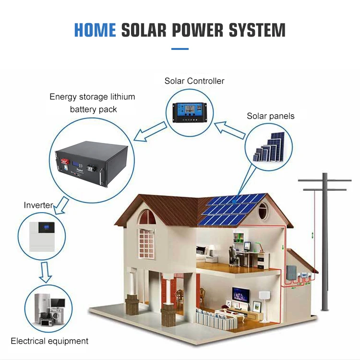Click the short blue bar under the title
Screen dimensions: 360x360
click(x=180, y=48)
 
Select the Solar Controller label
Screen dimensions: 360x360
click(x=194, y=81)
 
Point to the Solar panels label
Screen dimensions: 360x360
click(x=271, y=116)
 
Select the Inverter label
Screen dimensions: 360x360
click(x=38, y=205)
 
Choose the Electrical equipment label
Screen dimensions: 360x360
click(x=49, y=341)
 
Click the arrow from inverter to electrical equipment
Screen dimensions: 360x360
click(x=45, y=273)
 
